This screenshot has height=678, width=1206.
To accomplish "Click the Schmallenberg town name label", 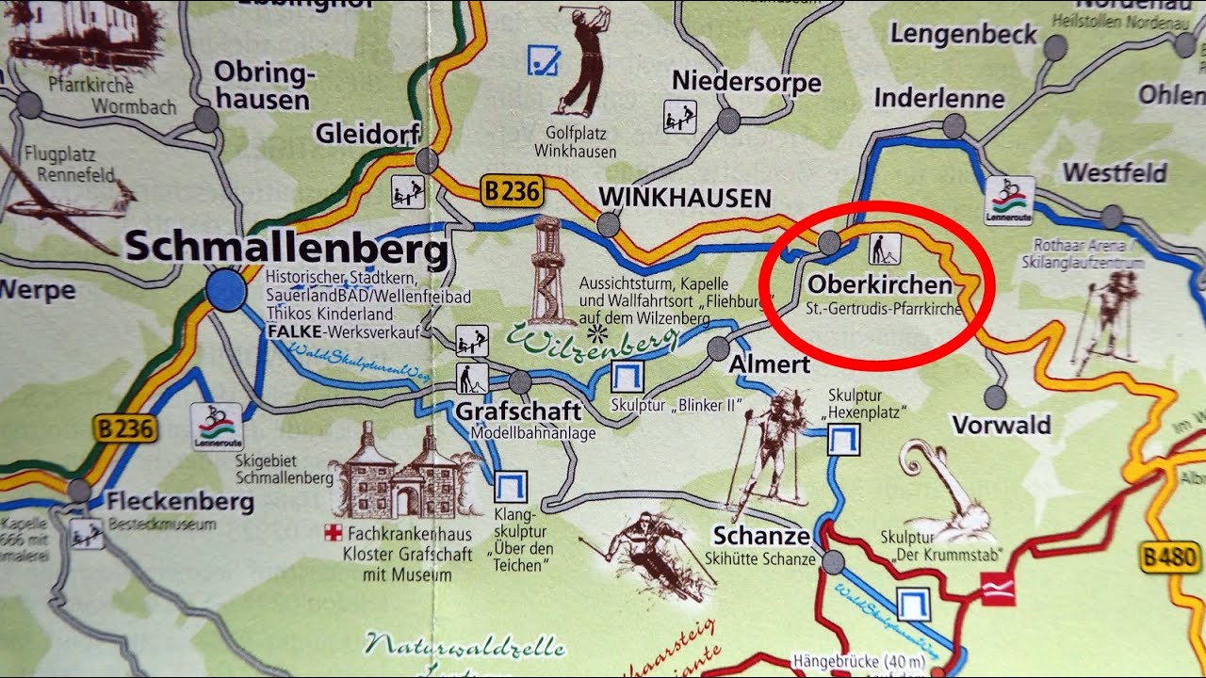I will (285, 250).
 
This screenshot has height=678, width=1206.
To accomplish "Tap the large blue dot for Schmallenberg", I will (225, 290).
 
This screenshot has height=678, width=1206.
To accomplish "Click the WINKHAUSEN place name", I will (685, 198).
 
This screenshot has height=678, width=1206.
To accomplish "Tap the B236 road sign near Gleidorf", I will (513, 191).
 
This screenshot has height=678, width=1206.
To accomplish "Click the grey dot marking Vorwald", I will (994, 396).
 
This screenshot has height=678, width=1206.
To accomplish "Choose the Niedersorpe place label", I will (745, 82).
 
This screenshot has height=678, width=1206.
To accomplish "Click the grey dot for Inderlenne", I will (954, 125).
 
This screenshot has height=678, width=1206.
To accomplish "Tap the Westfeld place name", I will (1115, 173).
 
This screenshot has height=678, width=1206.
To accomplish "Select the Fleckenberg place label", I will (179, 501).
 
